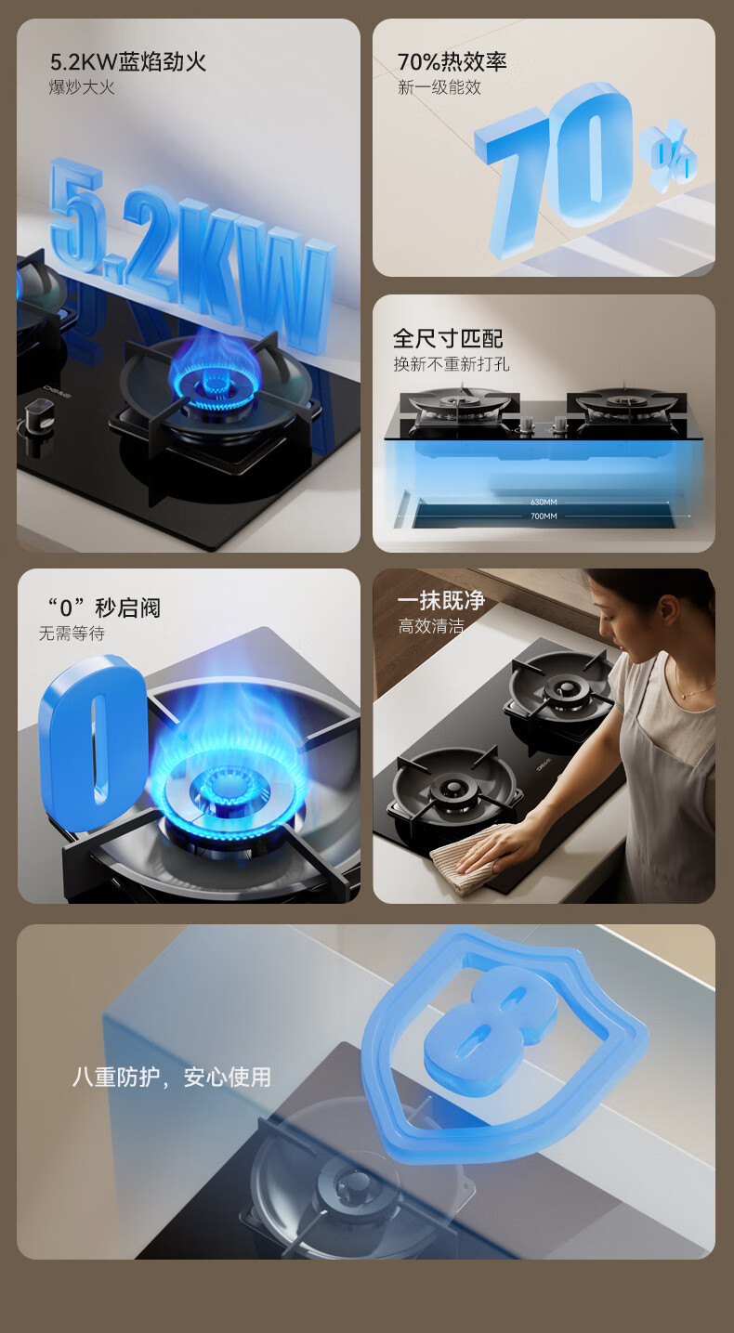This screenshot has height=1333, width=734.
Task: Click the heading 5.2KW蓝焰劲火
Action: pyautogui.click(x=128, y=62)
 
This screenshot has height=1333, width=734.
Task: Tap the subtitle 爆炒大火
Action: pyautogui.click(x=82, y=87)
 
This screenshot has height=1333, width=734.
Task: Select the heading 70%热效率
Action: pyautogui.click(x=452, y=62)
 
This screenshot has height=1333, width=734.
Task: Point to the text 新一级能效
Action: pyautogui.click(x=439, y=87)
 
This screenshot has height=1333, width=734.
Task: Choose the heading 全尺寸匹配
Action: pyautogui.click(x=448, y=339)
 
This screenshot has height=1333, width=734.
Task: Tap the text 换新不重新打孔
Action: pyautogui.click(x=452, y=363)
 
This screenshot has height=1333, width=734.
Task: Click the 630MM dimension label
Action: pyautogui.click(x=544, y=503)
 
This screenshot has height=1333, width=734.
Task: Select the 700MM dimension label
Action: pyautogui.click(x=544, y=516)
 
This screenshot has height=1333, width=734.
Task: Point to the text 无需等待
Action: pyautogui.click(x=72, y=634)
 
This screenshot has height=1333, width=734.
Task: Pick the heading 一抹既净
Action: pyautogui.click(x=441, y=600)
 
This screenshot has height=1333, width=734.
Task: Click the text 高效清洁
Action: pyautogui.click(x=431, y=625)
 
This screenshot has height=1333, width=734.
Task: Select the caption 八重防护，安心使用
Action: pyautogui.click(x=172, y=1077)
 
